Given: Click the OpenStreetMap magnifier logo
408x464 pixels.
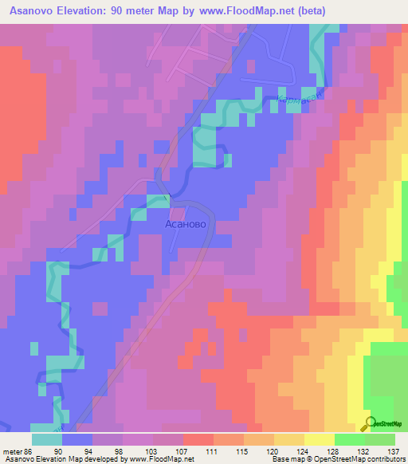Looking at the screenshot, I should (371, 423).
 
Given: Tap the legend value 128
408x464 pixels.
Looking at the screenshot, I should (335, 450).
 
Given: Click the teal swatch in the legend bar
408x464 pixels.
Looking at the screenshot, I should (47, 438).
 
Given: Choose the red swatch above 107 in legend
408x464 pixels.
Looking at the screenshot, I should (198, 438).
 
